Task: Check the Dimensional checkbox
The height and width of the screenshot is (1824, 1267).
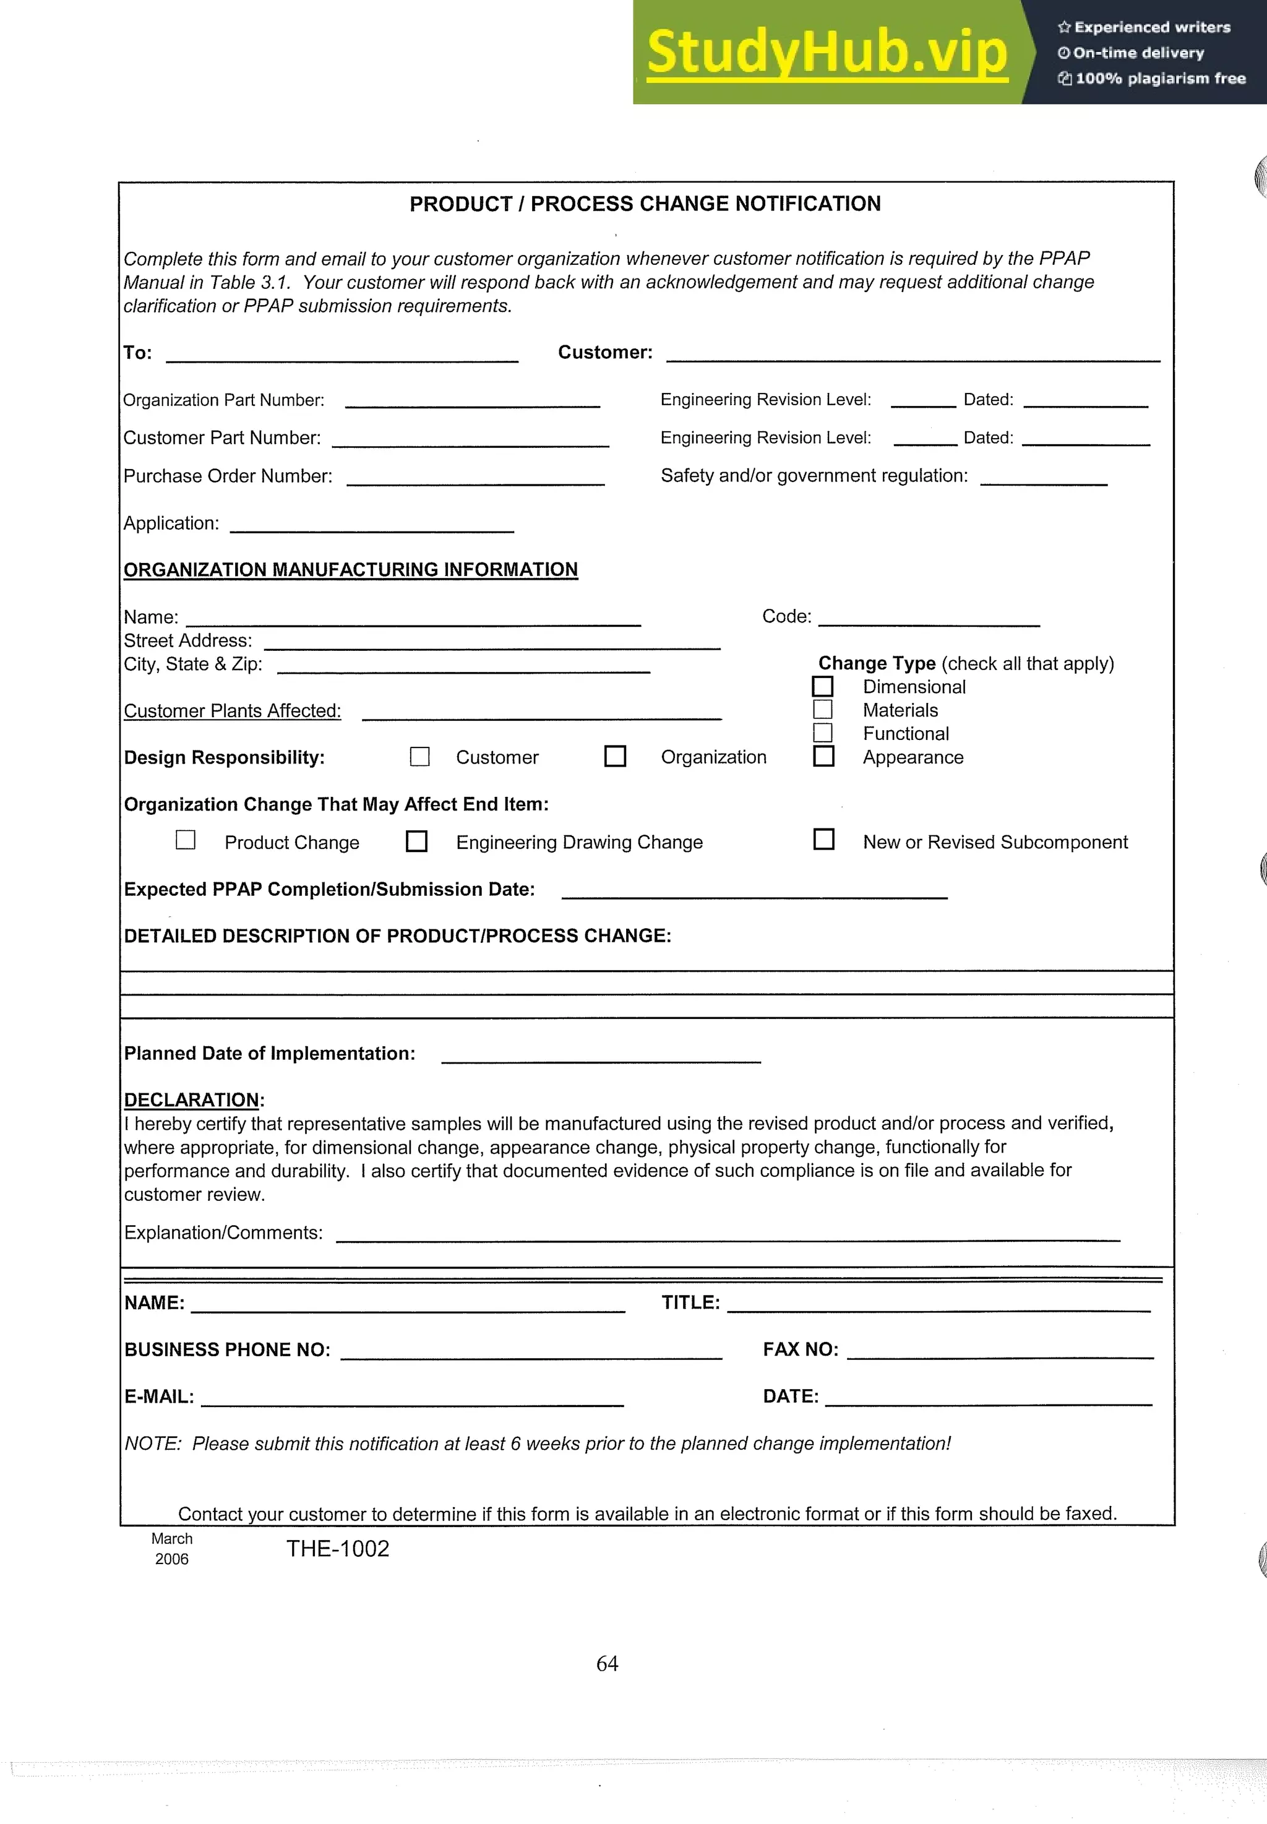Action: click(x=822, y=685)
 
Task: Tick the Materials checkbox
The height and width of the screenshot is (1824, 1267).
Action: click(x=822, y=709)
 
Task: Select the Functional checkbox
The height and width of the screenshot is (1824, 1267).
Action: click(x=822, y=732)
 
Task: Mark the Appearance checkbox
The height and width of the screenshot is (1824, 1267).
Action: click(x=823, y=755)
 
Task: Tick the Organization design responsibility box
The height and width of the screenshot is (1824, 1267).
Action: click(x=614, y=755)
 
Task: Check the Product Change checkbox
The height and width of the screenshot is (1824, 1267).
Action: click(x=185, y=840)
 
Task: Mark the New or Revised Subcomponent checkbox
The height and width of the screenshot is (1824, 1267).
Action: click(x=823, y=839)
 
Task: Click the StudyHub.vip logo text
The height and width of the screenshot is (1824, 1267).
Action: click(x=827, y=53)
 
